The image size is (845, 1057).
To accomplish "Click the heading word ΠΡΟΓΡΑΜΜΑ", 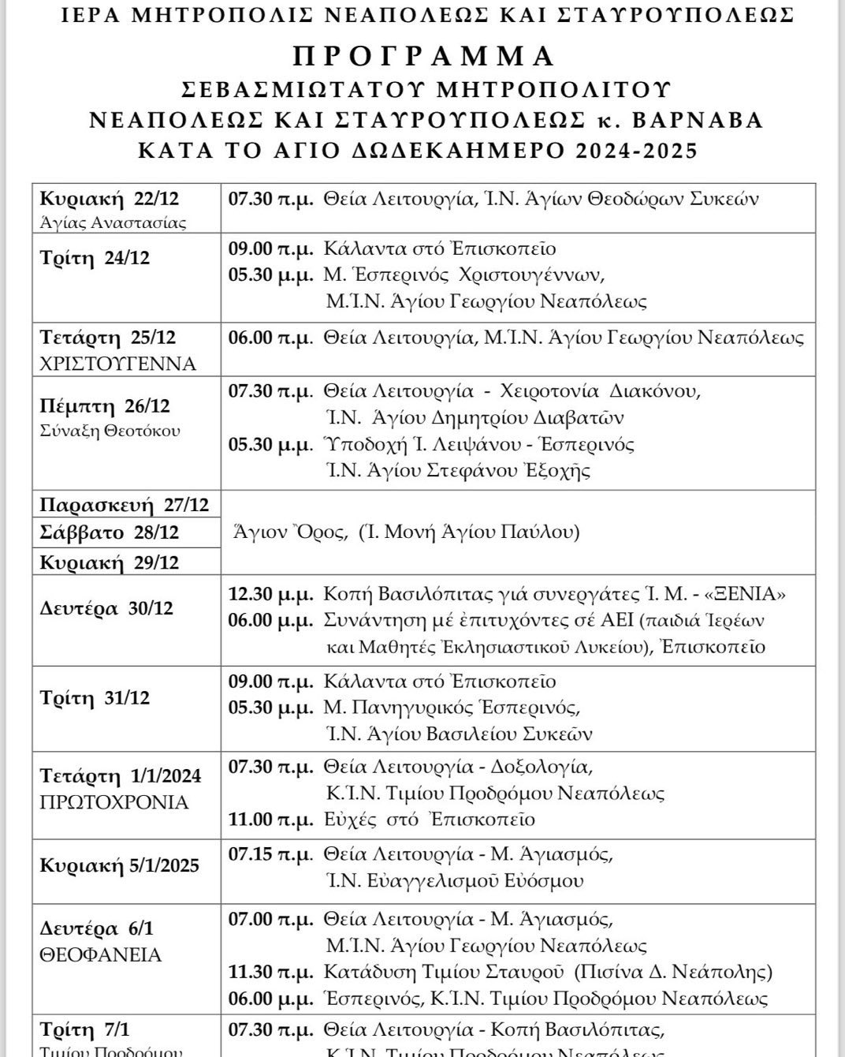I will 424,57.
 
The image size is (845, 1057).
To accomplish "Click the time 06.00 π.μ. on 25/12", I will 270,338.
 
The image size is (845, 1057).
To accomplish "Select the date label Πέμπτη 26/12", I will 105,406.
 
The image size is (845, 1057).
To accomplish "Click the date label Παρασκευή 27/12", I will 125,504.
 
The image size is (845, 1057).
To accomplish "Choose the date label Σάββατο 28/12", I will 110,532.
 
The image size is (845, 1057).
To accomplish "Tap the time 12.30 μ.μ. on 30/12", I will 270,593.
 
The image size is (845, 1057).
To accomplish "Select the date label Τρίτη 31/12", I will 95,698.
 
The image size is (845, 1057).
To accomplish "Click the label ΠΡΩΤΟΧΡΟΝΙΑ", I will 114,803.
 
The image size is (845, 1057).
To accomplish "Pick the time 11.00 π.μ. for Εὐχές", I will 270,820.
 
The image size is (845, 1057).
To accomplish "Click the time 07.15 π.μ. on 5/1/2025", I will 270,854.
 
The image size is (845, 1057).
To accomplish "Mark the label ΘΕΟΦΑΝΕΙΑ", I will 100,955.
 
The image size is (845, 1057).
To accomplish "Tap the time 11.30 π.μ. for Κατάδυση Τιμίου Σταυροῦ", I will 270,971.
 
